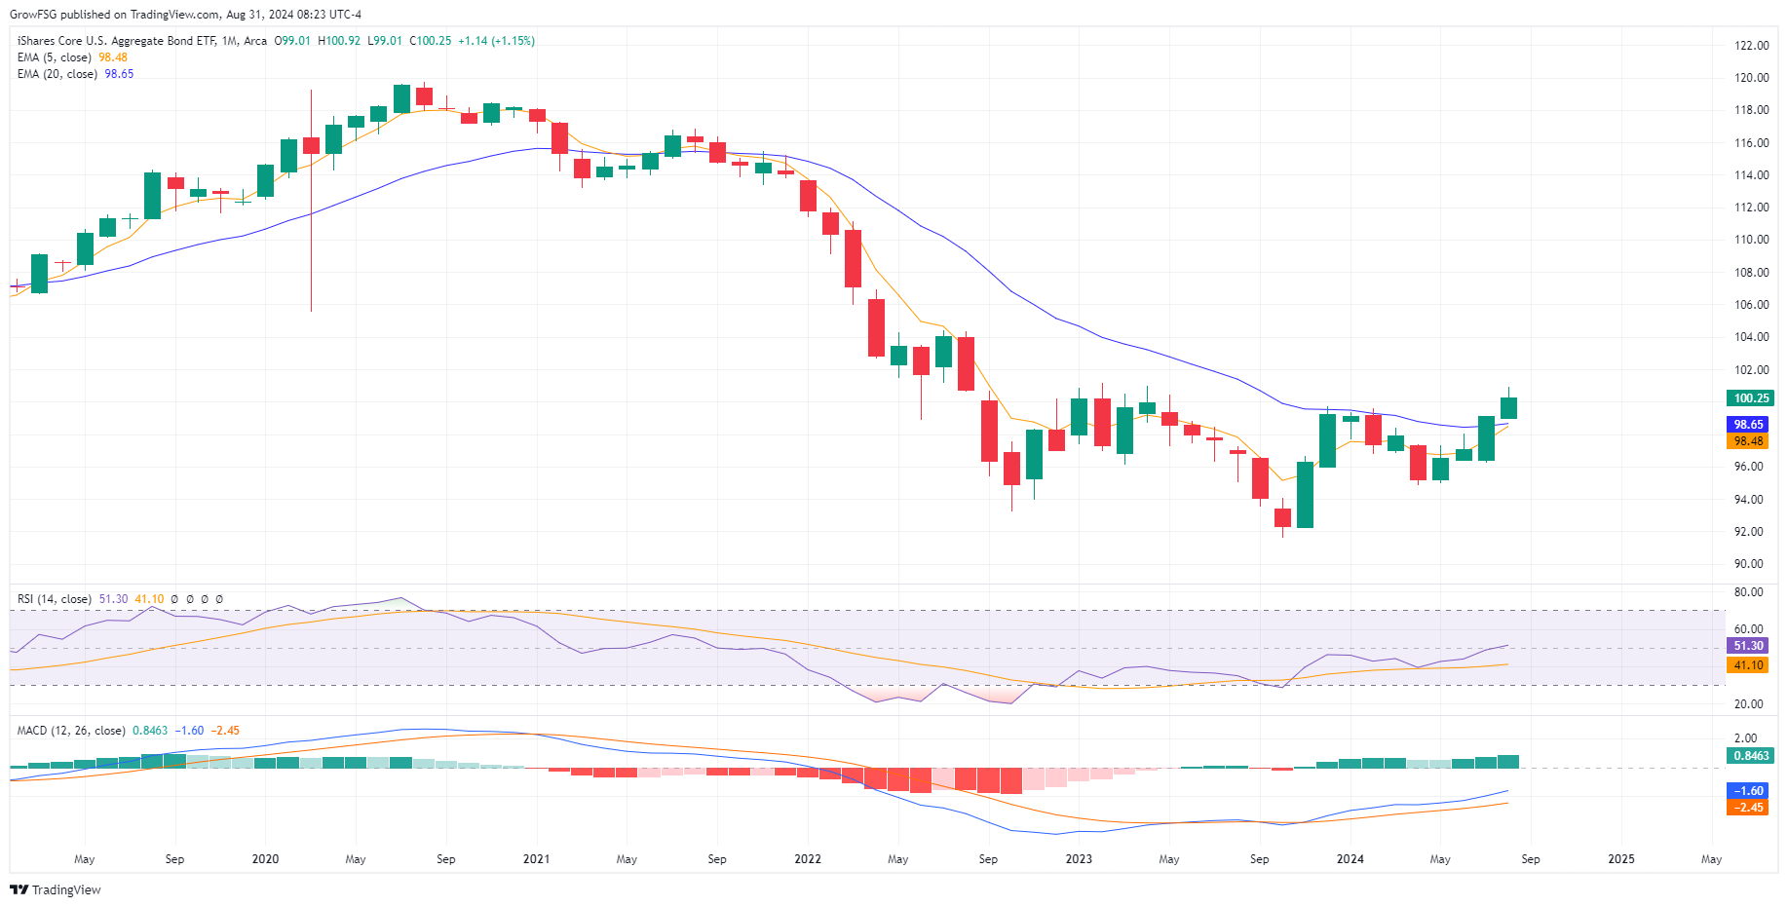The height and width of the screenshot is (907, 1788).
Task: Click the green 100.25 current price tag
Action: (x=1750, y=398)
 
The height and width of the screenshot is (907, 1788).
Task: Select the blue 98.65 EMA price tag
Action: (x=1748, y=425)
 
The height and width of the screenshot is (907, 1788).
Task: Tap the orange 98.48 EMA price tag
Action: (x=1748, y=441)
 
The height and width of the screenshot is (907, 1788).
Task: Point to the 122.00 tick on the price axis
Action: (x=1751, y=46)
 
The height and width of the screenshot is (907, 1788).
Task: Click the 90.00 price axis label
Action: (x=1748, y=564)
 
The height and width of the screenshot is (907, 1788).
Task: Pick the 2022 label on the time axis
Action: (x=808, y=859)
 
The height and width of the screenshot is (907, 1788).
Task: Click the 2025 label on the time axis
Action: (x=1621, y=859)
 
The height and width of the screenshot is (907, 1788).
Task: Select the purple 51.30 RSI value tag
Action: (x=1748, y=646)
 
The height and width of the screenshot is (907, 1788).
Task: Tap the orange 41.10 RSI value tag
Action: (x=1748, y=665)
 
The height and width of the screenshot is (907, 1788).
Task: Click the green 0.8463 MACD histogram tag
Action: (x=1750, y=756)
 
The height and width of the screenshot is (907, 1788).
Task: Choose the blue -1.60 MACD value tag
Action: (x=1748, y=791)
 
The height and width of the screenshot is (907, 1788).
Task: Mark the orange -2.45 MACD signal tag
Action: (x=1748, y=808)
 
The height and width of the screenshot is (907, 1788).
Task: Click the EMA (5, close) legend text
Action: (x=55, y=57)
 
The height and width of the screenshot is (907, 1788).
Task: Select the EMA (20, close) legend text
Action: (x=57, y=74)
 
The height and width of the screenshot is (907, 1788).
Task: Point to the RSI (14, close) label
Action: (x=55, y=599)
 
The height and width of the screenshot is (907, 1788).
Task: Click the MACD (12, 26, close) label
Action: (x=71, y=731)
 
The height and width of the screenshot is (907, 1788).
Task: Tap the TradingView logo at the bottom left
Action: (x=56, y=889)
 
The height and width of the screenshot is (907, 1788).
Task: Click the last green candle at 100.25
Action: (x=1508, y=408)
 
